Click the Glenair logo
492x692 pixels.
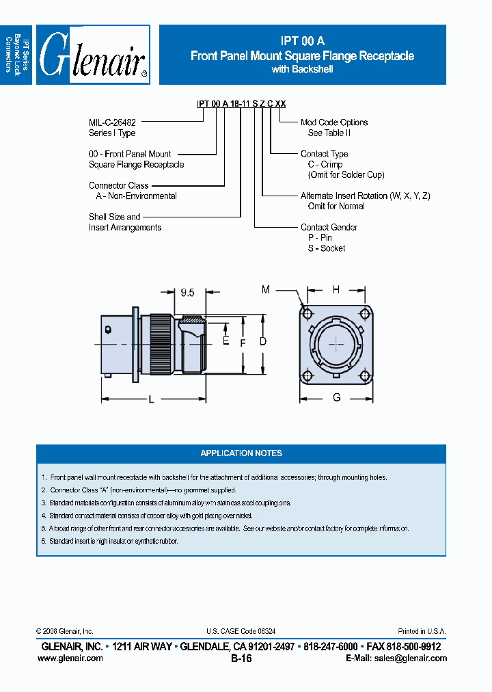click(93, 55)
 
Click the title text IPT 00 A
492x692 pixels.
click(302, 42)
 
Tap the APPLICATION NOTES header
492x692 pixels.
click(241, 453)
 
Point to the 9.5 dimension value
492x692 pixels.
click(187, 293)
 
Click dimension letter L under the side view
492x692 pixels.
click(152, 400)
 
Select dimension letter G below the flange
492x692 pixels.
click(336, 397)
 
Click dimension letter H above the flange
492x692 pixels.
click(336, 290)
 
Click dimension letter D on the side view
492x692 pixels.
click(262, 341)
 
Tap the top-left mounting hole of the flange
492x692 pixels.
click(307, 314)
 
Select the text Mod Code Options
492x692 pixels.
click(334, 122)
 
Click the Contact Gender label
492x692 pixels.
click(329, 227)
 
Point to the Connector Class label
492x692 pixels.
click(118, 185)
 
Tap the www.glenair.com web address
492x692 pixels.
click(70, 658)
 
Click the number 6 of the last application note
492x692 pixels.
click(43, 541)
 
